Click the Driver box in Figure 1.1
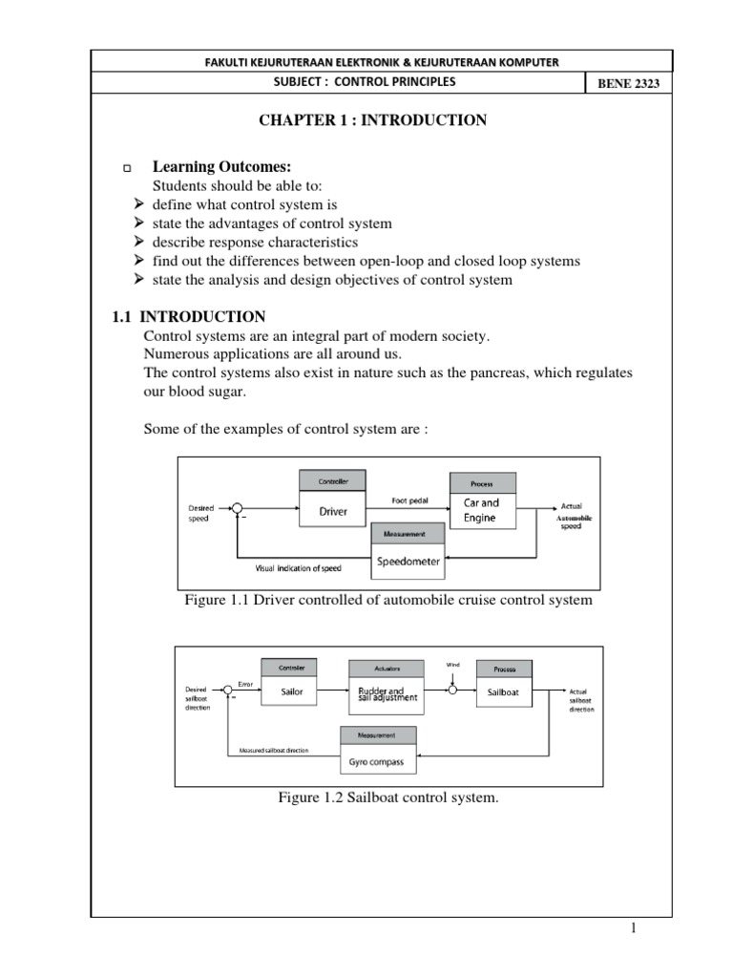point(333,511)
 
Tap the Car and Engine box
point(482,510)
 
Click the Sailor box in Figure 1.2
point(291,692)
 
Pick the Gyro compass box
point(379,762)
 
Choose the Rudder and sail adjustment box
point(387,694)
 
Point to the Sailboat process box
point(503,692)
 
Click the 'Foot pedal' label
point(411,500)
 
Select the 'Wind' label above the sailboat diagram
point(452,663)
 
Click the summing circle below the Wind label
point(453,690)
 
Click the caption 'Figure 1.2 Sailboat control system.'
point(387,797)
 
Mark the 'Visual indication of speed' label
point(298,568)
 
